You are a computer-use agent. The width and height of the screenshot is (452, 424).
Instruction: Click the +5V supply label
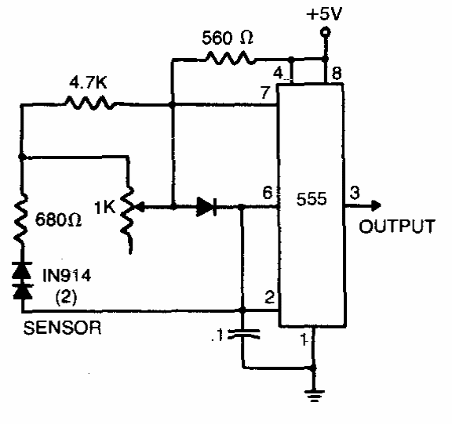[x=324, y=14]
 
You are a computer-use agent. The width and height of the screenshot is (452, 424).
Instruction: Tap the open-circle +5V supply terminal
[x=326, y=31]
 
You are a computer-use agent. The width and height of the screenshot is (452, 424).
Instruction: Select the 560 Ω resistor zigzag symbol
[x=230, y=57]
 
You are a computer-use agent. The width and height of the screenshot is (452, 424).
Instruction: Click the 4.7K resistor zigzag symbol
[x=90, y=103]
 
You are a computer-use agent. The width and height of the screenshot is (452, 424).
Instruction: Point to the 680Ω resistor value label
[x=58, y=220]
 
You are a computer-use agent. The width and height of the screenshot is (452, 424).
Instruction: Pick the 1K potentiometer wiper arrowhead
[x=140, y=207]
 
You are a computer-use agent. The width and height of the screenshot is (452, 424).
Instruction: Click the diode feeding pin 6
[x=206, y=207]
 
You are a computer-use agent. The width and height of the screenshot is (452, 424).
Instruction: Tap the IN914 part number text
[x=67, y=275]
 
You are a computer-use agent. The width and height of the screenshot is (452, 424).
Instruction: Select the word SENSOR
[x=62, y=328]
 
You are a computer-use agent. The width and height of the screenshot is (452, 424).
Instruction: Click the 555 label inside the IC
[x=312, y=198]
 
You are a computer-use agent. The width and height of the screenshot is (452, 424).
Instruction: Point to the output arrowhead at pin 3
[x=376, y=205]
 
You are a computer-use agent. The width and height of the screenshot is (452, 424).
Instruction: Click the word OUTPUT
[x=397, y=226]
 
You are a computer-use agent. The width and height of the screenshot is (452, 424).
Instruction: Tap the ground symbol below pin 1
[x=314, y=396]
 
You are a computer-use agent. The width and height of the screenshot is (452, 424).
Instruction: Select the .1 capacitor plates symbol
[x=244, y=334]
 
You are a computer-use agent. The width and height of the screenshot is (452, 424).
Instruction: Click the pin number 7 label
[x=265, y=92]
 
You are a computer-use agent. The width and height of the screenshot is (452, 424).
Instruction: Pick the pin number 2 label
[x=270, y=297]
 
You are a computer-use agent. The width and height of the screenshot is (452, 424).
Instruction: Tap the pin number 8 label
[x=337, y=73]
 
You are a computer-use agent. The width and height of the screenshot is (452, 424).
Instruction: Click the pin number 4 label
[x=278, y=73]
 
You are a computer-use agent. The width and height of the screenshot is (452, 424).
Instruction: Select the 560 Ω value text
[x=228, y=38]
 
